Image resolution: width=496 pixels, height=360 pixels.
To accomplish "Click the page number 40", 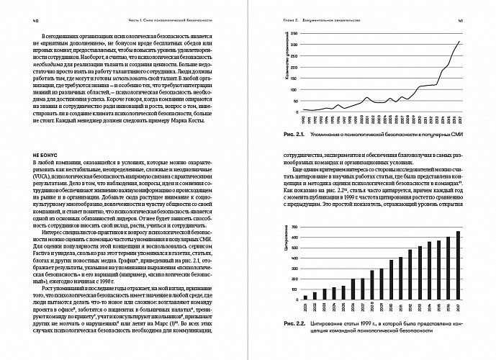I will pyautogui.click(x=26, y=21).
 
